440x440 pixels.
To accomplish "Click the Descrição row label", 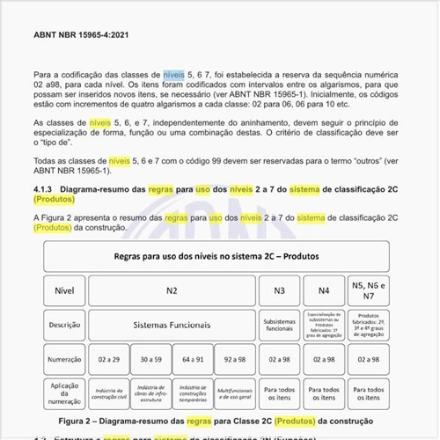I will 64,324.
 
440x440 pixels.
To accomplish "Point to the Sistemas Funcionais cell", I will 172,324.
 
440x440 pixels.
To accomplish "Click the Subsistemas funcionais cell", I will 279,324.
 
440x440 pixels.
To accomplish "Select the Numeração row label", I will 64,358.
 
